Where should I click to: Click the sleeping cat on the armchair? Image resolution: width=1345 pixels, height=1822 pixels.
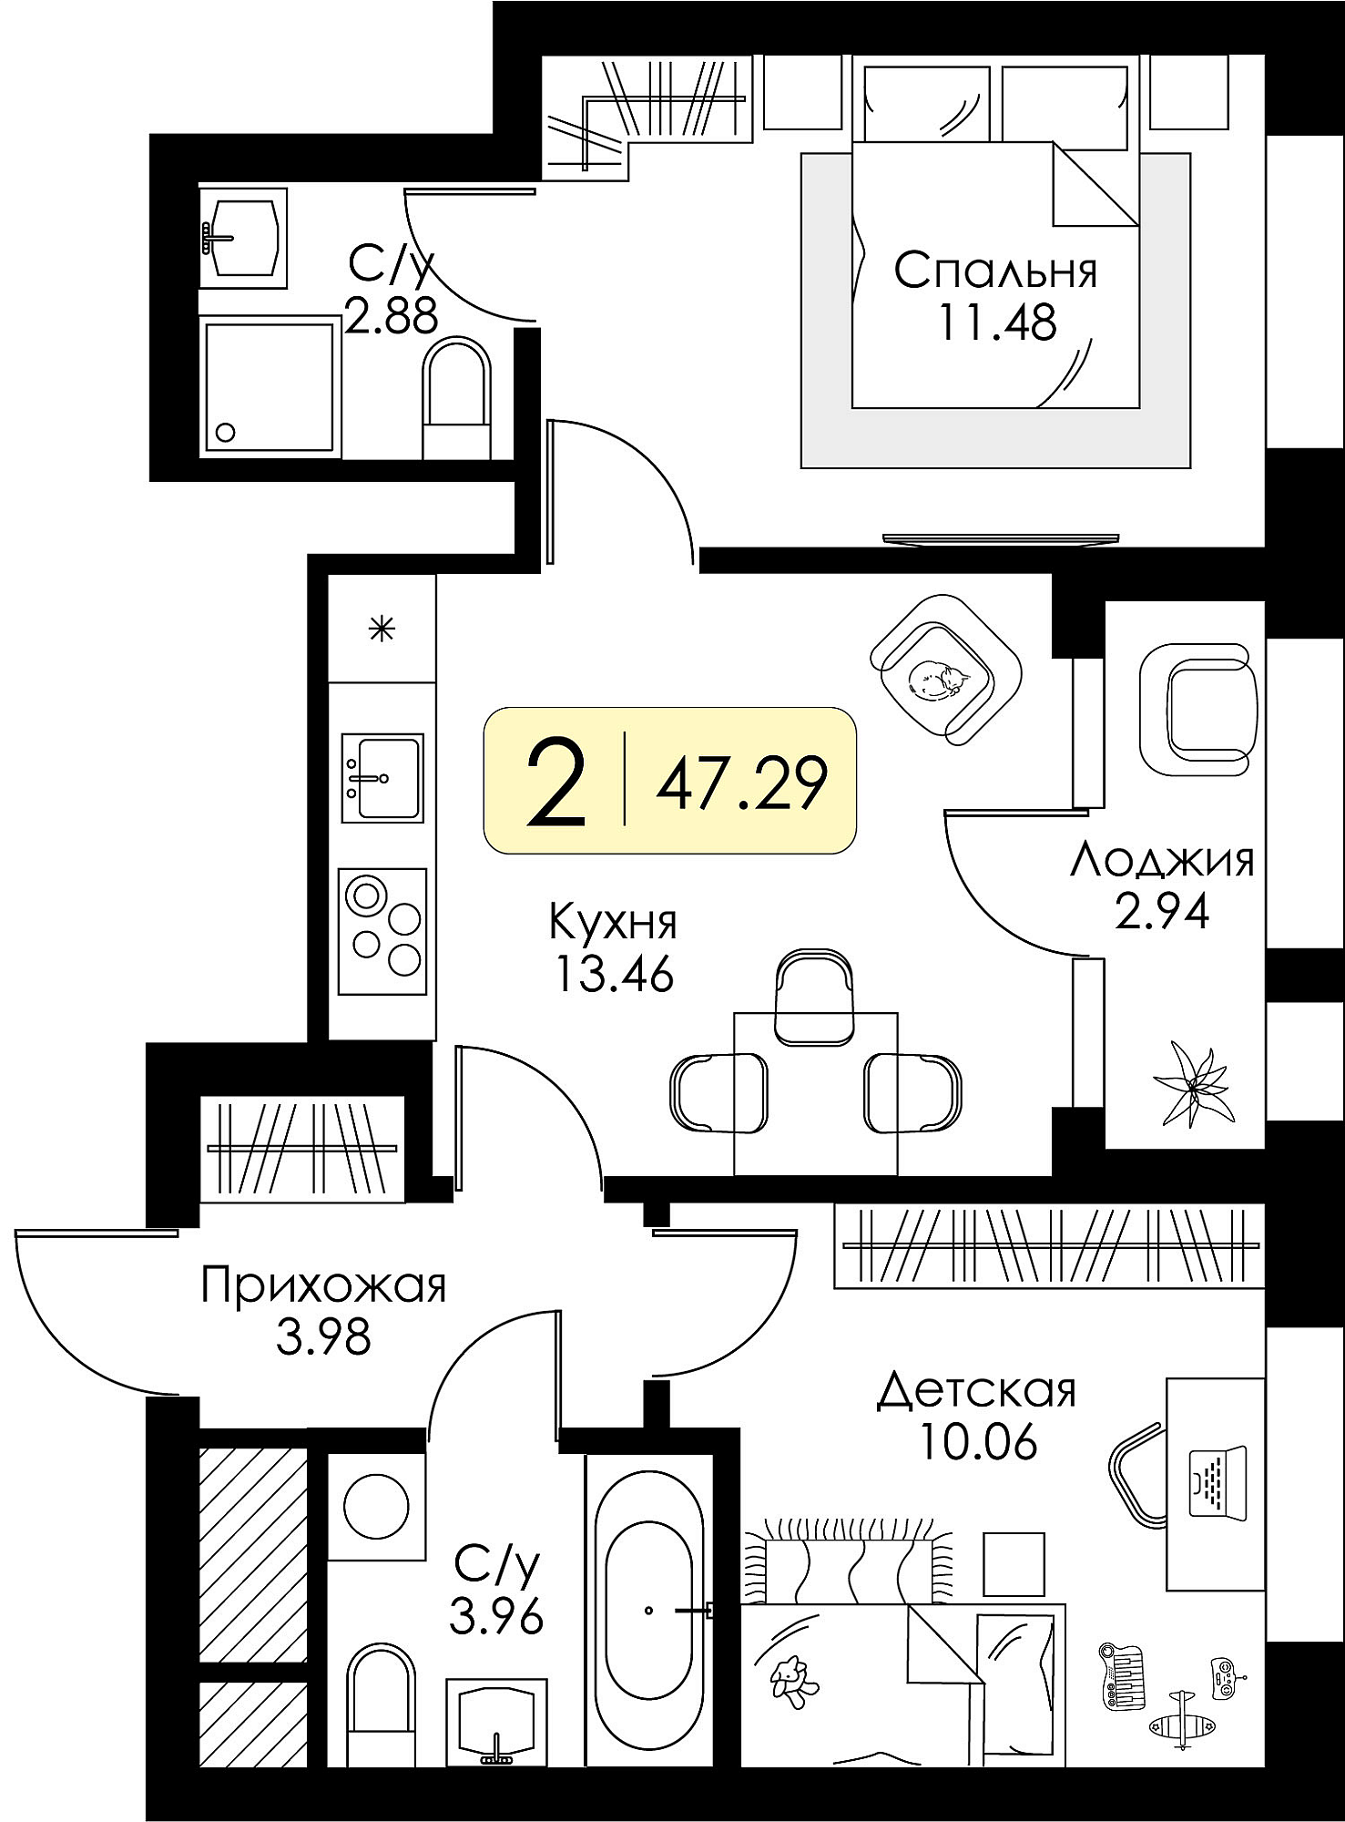point(938,680)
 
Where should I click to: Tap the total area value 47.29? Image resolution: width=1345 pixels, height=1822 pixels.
point(741,783)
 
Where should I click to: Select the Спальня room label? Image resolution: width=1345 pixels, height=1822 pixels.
point(995,271)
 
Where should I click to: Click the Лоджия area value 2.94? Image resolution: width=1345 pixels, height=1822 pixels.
point(1162,910)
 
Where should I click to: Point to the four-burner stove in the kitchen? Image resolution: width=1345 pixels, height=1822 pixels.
point(382,931)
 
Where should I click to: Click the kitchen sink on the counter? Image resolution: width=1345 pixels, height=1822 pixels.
point(382,778)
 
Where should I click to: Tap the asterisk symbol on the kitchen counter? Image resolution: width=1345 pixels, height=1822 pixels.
point(382,629)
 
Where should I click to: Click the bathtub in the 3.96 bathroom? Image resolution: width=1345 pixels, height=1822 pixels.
point(648,1610)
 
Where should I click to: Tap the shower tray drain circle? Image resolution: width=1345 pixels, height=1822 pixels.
point(225,433)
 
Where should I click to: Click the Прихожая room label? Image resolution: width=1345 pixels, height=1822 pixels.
point(323,1286)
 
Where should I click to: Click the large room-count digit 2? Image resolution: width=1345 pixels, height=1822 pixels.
point(556,783)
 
